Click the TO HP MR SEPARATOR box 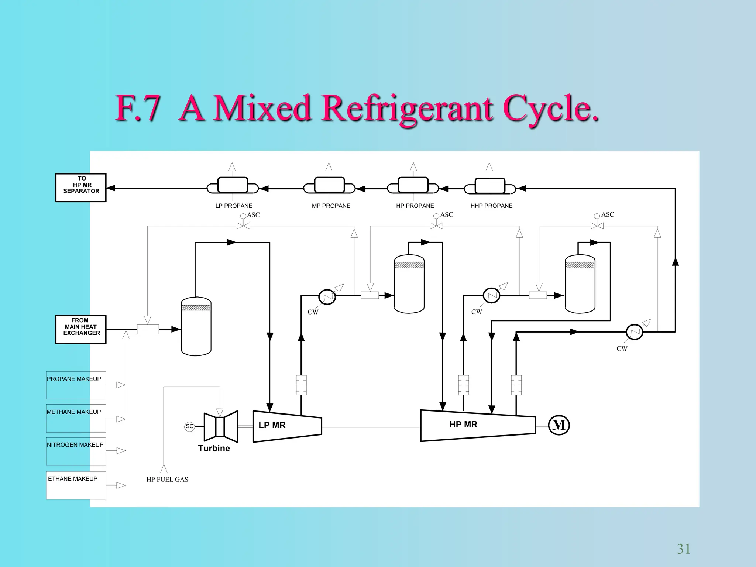(x=81, y=188)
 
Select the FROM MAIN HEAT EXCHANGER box (x=81, y=329)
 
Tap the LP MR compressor (x=287, y=426)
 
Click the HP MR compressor (x=477, y=425)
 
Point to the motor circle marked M (x=559, y=425)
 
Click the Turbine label (x=214, y=448)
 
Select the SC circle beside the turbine (x=189, y=426)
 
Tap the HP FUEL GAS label (x=167, y=479)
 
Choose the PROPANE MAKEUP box (x=76, y=385)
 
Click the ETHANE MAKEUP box (x=76, y=485)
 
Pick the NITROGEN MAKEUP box (x=76, y=451)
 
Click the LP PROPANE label (x=234, y=206)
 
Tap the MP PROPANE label (x=331, y=206)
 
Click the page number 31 (x=683, y=549)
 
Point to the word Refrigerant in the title (x=407, y=109)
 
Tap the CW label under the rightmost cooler (x=622, y=348)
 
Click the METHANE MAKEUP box (x=76, y=418)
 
